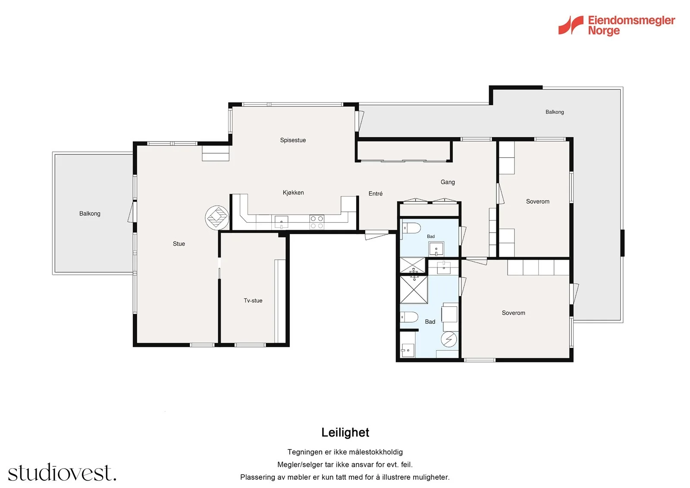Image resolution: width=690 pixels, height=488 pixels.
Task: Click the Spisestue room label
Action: pos(293,140)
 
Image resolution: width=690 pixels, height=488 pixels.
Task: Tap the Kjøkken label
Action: pos(293,193)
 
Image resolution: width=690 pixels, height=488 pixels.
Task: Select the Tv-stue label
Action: pos(253,301)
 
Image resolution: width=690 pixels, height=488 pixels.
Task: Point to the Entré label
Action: pos(376,194)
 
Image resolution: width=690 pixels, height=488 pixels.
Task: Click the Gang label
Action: pos(448,182)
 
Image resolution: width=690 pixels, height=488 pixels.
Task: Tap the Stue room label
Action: pos(179,244)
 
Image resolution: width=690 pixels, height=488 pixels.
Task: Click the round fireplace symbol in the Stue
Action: pos(217,217)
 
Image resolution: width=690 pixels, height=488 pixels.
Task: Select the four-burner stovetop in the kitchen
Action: pos(317,222)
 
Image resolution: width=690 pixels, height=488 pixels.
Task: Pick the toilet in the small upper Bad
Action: pos(411,228)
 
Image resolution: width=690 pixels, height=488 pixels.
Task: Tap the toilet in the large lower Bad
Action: pos(409,317)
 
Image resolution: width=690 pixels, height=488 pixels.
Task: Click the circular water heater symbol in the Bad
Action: pos(449,339)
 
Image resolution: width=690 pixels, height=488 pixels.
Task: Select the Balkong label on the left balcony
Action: pos(90,214)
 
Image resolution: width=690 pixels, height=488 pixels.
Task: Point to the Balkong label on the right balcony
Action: pos(555,112)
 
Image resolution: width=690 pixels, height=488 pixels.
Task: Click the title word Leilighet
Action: pos(345,432)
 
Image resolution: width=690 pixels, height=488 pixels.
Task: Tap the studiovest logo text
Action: pos(62,472)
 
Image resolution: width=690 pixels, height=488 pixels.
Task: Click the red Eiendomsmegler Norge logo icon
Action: pos(571,25)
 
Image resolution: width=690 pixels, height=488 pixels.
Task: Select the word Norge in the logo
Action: pos(604,31)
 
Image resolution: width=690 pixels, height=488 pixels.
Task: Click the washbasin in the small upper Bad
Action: pos(436,249)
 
